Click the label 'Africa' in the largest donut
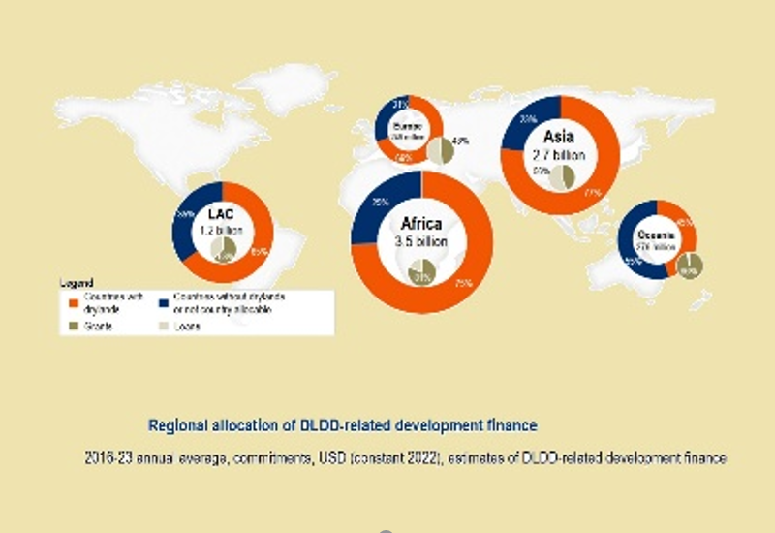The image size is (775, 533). click(x=421, y=225)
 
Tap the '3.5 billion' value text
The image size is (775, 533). click(x=421, y=242)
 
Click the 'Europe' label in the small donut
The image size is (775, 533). click(x=408, y=127)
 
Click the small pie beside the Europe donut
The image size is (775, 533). click(x=441, y=151)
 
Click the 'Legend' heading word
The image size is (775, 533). click(x=76, y=284)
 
